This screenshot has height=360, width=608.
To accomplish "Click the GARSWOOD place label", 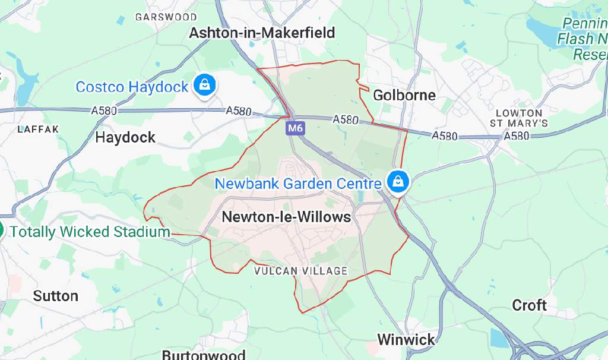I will [166, 17].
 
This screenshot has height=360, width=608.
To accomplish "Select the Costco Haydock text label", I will [132, 87].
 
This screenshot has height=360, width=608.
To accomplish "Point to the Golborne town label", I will [404, 95].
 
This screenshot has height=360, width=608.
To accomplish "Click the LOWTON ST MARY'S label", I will [519, 118].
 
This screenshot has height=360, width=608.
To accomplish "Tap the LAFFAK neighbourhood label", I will [39, 129].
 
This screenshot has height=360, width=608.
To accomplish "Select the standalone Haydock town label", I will [125, 137].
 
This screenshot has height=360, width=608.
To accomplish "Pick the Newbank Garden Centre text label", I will [297, 184].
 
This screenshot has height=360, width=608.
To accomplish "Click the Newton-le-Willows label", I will [286, 217].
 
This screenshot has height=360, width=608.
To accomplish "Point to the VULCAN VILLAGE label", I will [300, 271].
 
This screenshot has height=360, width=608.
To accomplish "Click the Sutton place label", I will [55, 296].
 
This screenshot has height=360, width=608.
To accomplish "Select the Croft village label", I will [529, 305].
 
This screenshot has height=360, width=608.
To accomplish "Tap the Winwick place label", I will [406, 340].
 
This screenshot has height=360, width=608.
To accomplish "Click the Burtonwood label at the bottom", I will [204, 355].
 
